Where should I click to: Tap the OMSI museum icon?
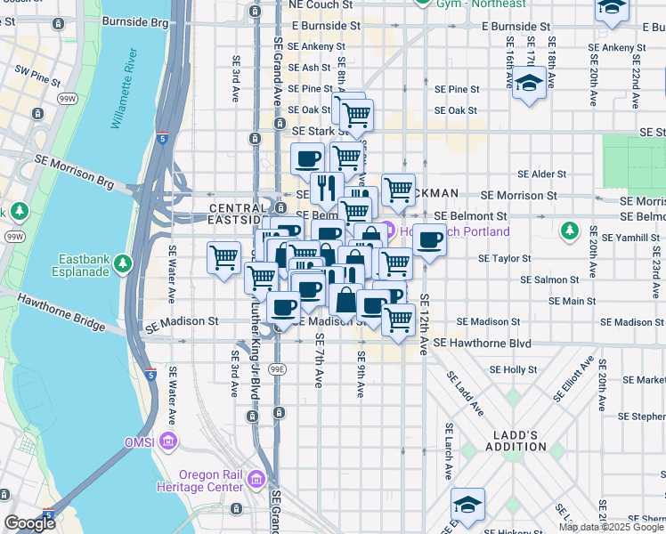click(x=170, y=441)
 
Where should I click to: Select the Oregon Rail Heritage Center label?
click(x=211, y=481)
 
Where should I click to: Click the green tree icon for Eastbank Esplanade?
click(x=123, y=264)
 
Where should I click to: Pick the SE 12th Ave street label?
click(x=423, y=323)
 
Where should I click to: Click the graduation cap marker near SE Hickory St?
click(x=467, y=506)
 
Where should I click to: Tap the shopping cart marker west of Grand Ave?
click(x=223, y=258)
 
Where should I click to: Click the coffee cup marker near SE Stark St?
click(x=307, y=159)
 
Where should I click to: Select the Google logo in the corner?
click(x=29, y=522)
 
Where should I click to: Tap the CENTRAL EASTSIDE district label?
click(x=235, y=214)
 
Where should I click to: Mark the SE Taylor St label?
click(x=504, y=258)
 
